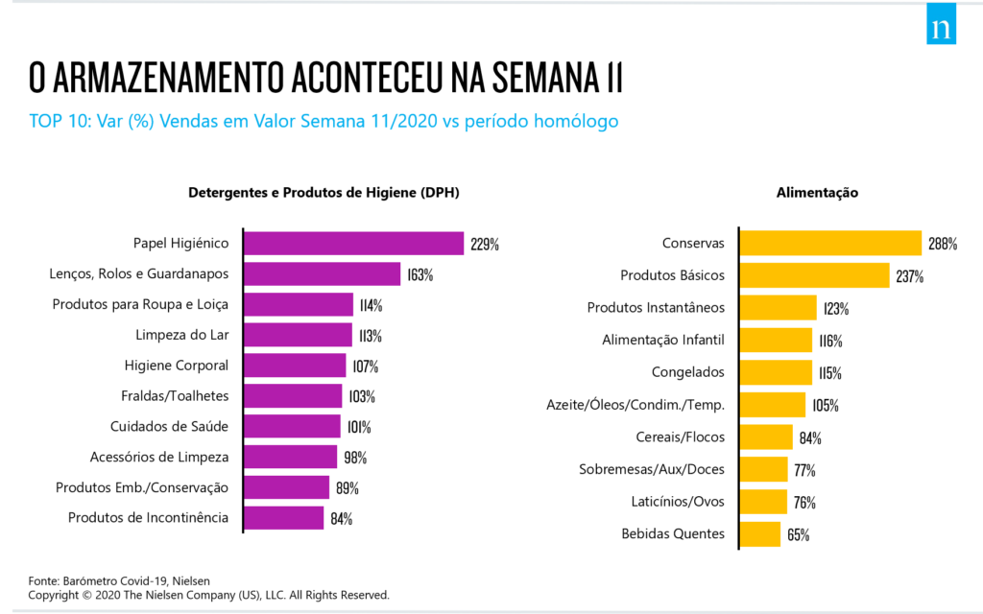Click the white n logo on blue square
tap(941, 27)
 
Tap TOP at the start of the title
tap(44, 122)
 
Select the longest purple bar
tap(353, 244)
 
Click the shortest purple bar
tap(284, 518)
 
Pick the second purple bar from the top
tap(323, 274)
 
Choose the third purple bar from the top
tap(299, 305)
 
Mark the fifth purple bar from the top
tap(295, 366)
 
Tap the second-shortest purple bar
tap(287, 487)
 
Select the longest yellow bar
tap(830, 244)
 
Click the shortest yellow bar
tap(760, 534)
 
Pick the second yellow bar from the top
tap(814, 275)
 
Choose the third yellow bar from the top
tap(778, 308)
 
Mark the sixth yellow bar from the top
tap(773, 405)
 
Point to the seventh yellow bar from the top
tap(766, 437)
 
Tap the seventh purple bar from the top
tap(292, 426)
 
